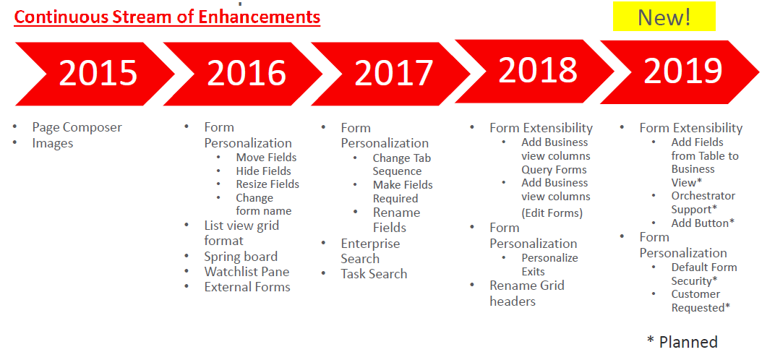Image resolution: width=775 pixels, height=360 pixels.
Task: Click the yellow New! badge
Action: click(664, 17)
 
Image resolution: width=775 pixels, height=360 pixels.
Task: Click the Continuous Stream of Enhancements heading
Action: click(167, 18)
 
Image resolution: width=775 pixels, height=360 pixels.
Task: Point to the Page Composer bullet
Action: click(77, 127)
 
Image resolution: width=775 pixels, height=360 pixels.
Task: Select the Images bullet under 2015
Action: click(52, 143)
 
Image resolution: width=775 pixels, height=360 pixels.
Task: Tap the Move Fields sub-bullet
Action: click(266, 158)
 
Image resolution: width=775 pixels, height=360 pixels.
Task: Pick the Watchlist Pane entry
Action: click(247, 272)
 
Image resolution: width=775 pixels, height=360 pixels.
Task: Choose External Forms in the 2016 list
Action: click(247, 287)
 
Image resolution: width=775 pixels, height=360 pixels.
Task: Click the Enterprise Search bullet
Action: click(370, 252)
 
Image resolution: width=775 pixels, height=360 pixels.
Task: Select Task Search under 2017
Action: click(374, 274)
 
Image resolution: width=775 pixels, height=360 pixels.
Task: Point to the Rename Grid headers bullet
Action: click(527, 293)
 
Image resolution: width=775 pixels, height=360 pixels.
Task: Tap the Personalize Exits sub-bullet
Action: click(549, 265)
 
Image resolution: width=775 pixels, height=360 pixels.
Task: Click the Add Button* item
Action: click(703, 223)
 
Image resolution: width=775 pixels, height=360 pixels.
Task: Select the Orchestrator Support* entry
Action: click(703, 202)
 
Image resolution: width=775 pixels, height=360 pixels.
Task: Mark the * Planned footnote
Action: click(682, 342)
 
